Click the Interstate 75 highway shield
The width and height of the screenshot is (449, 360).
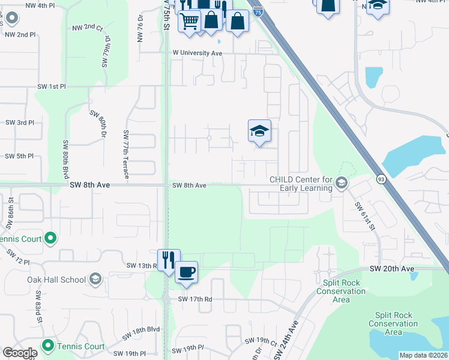pyautogui.click(x=258, y=10)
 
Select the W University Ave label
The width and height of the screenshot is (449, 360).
pyautogui.click(x=198, y=53)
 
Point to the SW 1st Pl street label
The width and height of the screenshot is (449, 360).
pyautogui.click(x=51, y=87)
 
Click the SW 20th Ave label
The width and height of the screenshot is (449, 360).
pyautogui.click(x=391, y=268)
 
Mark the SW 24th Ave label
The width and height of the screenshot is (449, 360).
pyautogui.click(x=287, y=340)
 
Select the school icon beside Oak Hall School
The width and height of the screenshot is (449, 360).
pyautogui.click(x=95, y=278)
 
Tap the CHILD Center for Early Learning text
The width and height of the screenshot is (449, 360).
pyautogui.click(x=301, y=184)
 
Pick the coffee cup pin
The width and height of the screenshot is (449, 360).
pyautogui.click(x=186, y=272)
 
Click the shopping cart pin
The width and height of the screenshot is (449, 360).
pyautogui.click(x=190, y=22)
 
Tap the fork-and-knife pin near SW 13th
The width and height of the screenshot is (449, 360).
pyautogui.click(x=169, y=259)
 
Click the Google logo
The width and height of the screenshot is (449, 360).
pyautogui.click(x=20, y=353)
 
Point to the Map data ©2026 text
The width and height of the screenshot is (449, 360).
pyautogui.click(x=423, y=355)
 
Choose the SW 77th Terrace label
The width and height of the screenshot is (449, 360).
pyautogui.click(x=127, y=154)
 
